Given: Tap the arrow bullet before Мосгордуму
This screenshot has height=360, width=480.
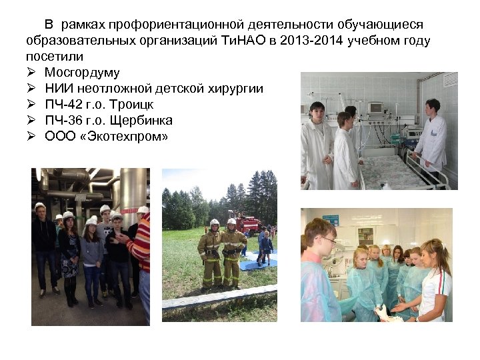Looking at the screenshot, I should click(x=31, y=72).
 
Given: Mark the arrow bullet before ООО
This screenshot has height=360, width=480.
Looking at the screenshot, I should click(x=31, y=137).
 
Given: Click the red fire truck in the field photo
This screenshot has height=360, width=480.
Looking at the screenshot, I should click(x=245, y=222).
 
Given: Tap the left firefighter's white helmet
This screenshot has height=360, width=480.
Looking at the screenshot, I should click(x=214, y=223).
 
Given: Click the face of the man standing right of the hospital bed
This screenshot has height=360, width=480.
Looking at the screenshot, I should click(x=433, y=107).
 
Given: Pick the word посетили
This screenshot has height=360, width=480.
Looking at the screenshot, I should click(x=47, y=56).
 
